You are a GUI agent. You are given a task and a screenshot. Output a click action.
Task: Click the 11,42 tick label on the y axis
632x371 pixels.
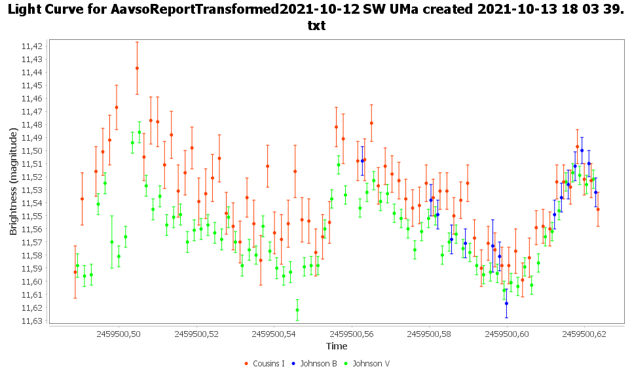click(32, 46)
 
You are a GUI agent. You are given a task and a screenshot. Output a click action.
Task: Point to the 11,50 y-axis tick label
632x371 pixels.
click(32, 150)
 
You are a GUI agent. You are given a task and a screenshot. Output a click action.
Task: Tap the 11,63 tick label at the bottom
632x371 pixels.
click(32, 321)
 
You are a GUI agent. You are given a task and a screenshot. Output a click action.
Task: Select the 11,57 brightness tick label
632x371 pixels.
click(32, 242)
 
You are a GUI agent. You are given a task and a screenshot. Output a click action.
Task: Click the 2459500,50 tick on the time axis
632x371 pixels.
click(119, 334)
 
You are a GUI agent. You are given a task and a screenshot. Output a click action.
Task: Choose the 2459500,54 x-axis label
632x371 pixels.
click(274, 334)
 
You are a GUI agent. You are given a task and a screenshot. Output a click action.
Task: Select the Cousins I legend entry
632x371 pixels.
click(265, 363)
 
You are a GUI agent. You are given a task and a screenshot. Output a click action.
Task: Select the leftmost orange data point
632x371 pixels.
click(75, 272)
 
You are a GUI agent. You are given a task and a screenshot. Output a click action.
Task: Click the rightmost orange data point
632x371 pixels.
click(598, 209)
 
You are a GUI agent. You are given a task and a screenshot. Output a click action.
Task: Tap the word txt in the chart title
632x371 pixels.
click(316, 26)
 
